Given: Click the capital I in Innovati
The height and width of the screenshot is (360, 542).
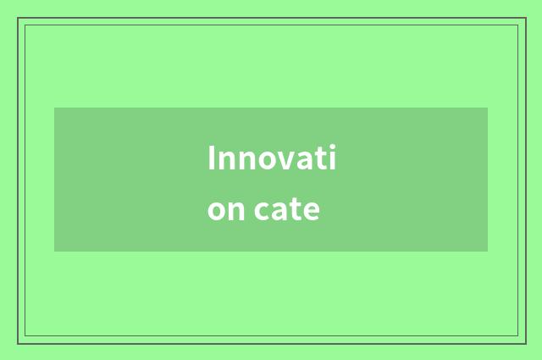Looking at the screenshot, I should [212, 158].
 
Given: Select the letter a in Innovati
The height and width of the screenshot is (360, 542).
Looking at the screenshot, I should [304, 162].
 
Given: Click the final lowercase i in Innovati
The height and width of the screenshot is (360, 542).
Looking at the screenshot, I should [332, 158].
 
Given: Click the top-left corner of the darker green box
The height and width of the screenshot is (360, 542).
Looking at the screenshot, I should [54, 108].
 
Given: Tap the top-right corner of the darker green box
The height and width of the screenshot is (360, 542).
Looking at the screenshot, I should [488, 108].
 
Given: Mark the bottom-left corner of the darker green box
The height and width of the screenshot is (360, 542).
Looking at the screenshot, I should [54, 252].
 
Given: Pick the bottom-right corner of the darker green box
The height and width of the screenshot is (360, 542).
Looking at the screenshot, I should [488, 252].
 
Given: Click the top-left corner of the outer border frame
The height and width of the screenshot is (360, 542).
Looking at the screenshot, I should [18, 18].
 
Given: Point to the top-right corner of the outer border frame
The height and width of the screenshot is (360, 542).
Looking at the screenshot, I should [524, 18].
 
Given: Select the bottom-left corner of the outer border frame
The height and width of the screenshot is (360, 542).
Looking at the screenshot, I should [18, 343].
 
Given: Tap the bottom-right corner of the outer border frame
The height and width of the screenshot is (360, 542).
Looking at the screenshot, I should [524, 343].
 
